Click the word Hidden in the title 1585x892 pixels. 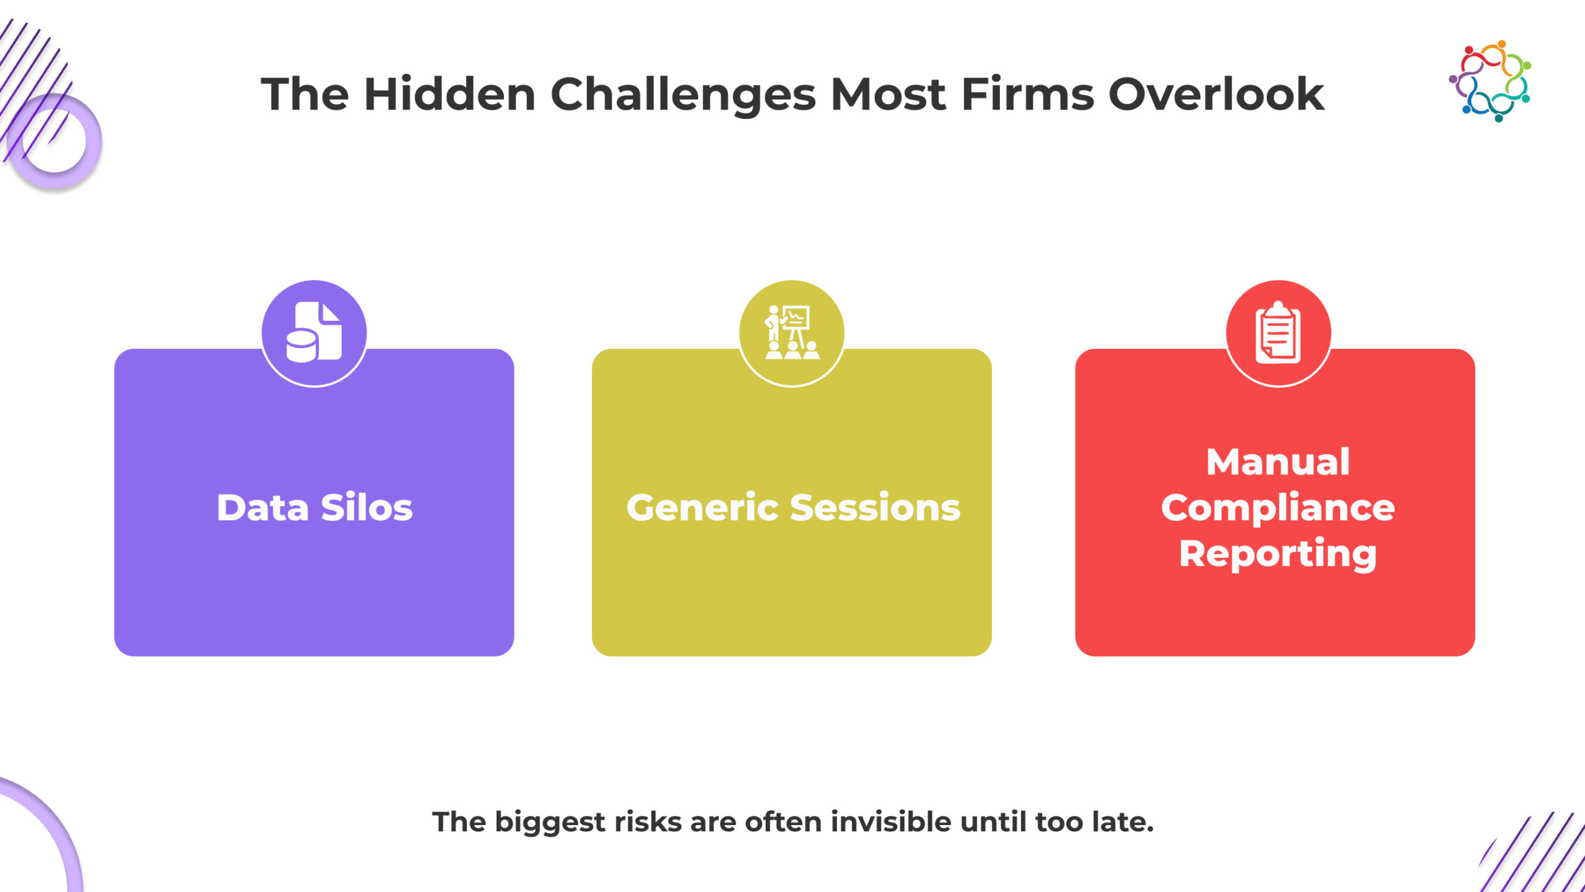pyautogui.click(x=449, y=94)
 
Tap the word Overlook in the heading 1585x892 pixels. pyautogui.click(x=1216, y=94)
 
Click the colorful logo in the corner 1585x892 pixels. pyautogui.click(x=1490, y=81)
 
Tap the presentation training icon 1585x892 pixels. pyautogui.click(x=792, y=332)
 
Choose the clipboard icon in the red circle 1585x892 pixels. pyautogui.click(x=1278, y=333)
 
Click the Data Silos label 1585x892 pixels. pyautogui.click(x=315, y=508)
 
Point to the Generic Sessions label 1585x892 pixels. pyautogui.click(x=793, y=508)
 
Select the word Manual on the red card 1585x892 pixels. pyautogui.click(x=1278, y=462)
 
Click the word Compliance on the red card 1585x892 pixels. pyautogui.click(x=1278, y=508)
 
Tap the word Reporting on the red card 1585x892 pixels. pyautogui.click(x=1278, y=554)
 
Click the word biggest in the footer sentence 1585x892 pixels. pyautogui.click(x=550, y=823)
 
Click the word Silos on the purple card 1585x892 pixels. pyautogui.click(x=367, y=508)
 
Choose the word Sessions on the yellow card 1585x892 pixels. pyautogui.click(x=875, y=508)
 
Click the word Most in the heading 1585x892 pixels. pyautogui.click(x=888, y=94)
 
